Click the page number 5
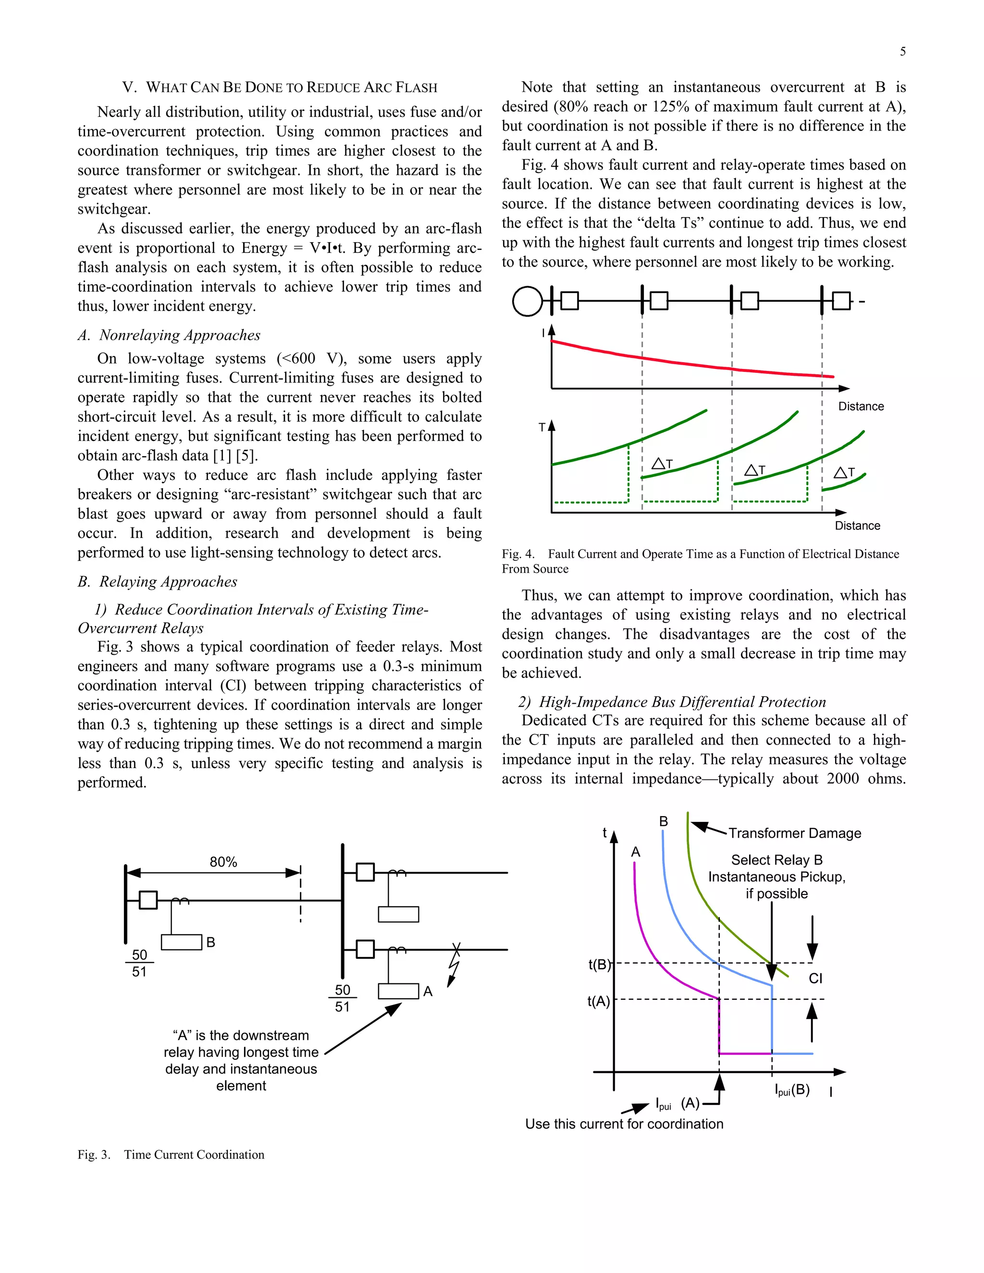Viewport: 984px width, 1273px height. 902,52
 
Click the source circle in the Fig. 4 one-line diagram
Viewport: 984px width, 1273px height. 527,301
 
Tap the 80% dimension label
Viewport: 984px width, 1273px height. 223,862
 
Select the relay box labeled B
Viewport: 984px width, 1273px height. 181,943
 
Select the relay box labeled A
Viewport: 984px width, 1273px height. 398,991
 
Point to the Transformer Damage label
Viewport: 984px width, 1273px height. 794,833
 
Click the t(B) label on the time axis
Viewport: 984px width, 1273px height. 599,965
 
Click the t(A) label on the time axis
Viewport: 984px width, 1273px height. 599,1002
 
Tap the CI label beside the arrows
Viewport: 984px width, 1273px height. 815,979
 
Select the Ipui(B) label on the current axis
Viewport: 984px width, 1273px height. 792,1090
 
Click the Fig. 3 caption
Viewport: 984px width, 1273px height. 171,1155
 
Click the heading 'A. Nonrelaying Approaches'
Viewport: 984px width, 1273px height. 169,335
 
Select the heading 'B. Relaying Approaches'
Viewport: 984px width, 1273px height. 158,582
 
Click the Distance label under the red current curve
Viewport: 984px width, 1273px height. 861,406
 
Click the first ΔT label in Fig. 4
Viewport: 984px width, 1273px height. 662,464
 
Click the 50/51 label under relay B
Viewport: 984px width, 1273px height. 139,963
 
